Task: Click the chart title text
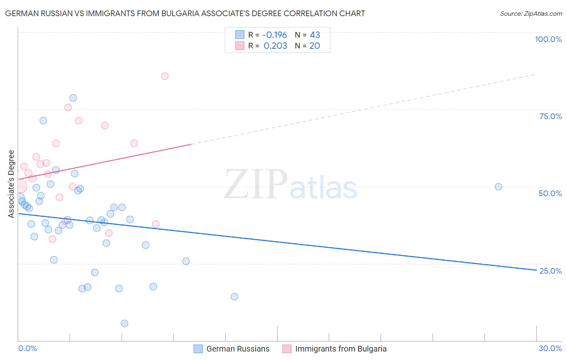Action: (185, 13)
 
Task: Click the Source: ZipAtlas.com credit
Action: (531, 14)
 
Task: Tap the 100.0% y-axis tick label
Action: (548, 39)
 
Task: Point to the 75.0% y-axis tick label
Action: (550, 116)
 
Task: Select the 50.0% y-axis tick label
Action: (550, 193)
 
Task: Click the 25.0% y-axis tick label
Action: (550, 270)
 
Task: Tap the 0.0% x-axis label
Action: (27, 348)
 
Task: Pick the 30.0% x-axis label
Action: (550, 348)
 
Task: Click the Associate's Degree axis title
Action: (11, 184)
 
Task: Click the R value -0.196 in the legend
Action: (275, 35)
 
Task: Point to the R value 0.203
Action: (275, 46)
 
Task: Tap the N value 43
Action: (315, 35)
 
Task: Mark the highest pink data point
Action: (165, 76)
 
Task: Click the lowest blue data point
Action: (125, 323)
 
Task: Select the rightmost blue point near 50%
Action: (498, 186)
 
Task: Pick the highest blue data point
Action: (73, 98)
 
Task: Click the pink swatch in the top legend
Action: (240, 46)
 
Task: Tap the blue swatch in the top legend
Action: (240, 35)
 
